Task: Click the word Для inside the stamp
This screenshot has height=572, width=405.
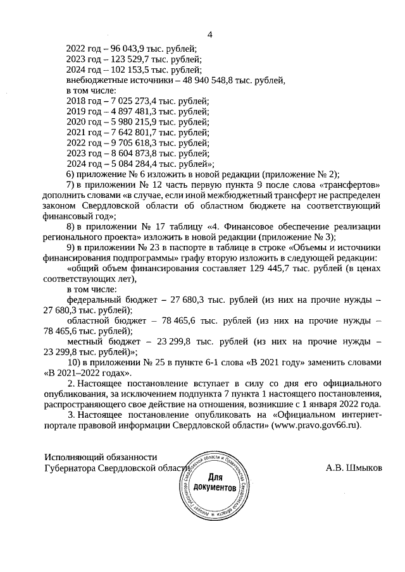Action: coord(216,478)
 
